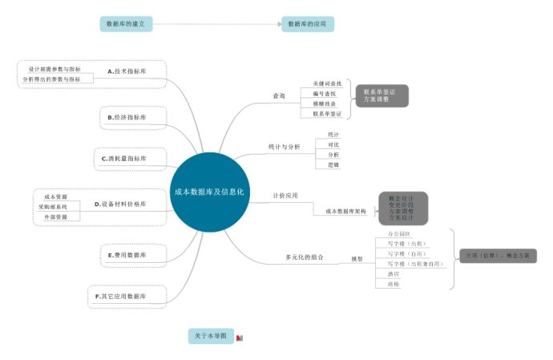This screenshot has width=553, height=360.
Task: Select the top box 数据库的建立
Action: (126, 24)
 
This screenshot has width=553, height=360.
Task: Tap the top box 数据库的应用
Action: (307, 24)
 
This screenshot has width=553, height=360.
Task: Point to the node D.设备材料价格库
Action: (120, 204)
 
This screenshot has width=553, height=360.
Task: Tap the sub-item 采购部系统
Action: (53, 207)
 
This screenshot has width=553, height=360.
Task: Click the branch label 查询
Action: (279, 96)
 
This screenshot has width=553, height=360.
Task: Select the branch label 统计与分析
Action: (284, 148)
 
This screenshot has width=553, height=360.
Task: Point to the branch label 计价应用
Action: (285, 196)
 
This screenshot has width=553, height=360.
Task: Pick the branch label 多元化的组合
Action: (305, 257)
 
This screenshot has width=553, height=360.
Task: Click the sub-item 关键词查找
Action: (327, 83)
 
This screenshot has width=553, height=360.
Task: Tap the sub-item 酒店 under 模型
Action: (394, 273)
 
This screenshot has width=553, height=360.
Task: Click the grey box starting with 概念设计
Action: (402, 208)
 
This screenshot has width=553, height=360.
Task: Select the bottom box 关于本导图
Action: (210, 335)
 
